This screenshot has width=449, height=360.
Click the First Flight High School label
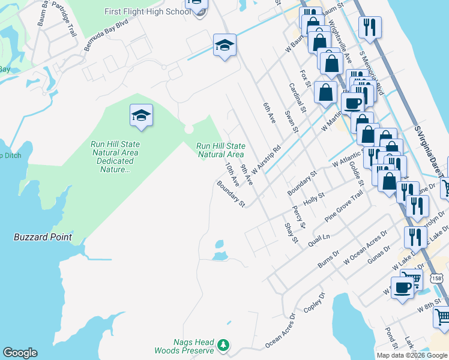(x=148, y=11)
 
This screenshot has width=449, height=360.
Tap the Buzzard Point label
(x=43, y=237)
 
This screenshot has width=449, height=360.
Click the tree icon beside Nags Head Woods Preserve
(x=223, y=345)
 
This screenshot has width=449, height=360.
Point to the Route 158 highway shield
(x=437, y=278)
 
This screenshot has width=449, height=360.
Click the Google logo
(x=20, y=353)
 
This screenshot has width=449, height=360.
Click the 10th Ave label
(x=232, y=173)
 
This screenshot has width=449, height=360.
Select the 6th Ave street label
(x=268, y=113)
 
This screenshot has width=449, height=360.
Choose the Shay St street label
(x=291, y=232)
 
